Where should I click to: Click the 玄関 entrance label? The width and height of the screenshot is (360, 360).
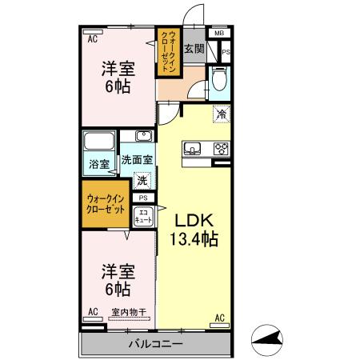[x=194, y=50]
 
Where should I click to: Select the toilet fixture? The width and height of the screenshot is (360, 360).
[x=219, y=79]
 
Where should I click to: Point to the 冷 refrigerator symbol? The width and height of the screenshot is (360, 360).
[x=220, y=115]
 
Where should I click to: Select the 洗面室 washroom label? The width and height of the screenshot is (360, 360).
[x=137, y=160]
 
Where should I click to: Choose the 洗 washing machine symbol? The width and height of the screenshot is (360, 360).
[x=142, y=180]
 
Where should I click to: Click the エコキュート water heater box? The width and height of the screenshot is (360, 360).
[x=143, y=214]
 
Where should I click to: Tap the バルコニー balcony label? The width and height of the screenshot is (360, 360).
[x=156, y=344]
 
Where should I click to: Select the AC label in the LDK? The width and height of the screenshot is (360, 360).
[x=219, y=318]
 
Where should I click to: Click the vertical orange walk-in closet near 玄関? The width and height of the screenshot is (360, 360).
[x=166, y=51]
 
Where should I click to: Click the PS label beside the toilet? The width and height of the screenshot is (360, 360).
[x=226, y=53]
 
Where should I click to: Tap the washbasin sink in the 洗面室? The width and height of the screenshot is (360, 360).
[x=142, y=137]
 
